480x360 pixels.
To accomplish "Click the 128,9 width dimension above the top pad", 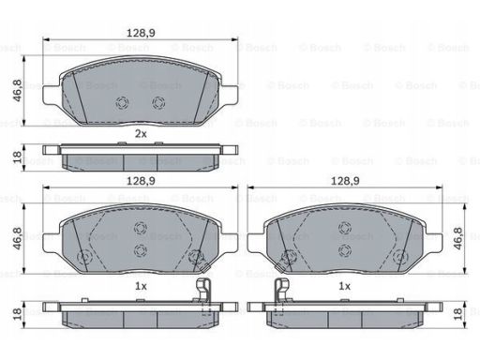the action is pyautogui.click(x=141, y=33).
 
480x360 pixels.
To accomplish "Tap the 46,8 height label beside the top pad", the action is pyautogui.click(x=17, y=91).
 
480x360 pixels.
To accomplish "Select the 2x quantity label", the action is pyautogui.click(x=141, y=134).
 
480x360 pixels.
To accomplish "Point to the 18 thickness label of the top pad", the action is pyautogui.click(x=17, y=157).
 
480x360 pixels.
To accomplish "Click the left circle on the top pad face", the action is pyautogui.click(x=122, y=103).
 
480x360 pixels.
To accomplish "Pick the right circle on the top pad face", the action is pyautogui.click(x=158, y=103).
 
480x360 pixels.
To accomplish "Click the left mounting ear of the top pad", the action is pyautogui.click(x=52, y=96).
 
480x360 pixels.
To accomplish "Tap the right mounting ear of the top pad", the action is pyautogui.click(x=229, y=96).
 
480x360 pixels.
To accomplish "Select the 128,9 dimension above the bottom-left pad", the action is pyautogui.click(x=141, y=181).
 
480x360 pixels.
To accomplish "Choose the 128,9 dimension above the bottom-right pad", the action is pyautogui.click(x=345, y=181).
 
